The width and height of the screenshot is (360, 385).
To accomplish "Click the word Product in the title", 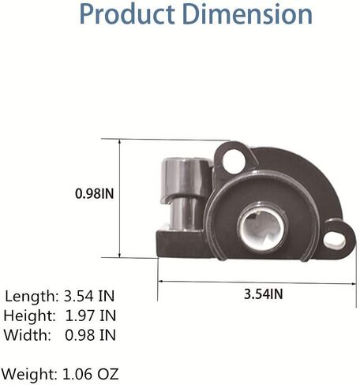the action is (x=127, y=14).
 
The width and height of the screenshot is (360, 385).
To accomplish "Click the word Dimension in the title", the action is (x=247, y=14).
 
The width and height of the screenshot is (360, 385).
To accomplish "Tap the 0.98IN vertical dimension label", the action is (x=95, y=194).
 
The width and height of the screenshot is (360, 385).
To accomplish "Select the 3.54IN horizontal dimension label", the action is (x=264, y=293).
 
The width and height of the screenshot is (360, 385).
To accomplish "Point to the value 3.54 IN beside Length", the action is (x=89, y=296).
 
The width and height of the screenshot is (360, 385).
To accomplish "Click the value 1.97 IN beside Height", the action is (x=91, y=316).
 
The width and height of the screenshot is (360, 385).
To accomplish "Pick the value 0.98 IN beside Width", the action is (x=91, y=335).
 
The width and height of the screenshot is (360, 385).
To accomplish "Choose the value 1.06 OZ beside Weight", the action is (x=91, y=374).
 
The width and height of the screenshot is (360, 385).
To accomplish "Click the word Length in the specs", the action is (x=32, y=297).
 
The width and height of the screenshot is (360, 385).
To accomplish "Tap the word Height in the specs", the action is (x=30, y=316).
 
